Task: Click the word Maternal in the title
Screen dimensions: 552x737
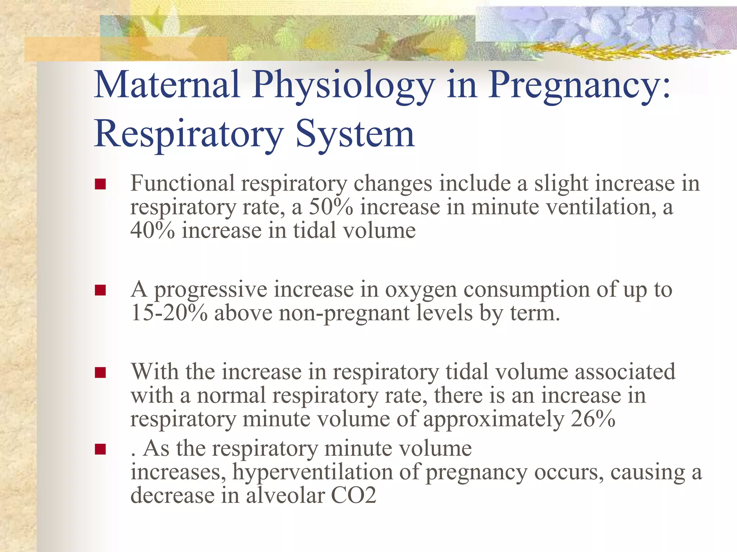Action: pyautogui.click(x=167, y=85)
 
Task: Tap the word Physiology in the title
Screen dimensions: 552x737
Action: pyautogui.click(x=343, y=86)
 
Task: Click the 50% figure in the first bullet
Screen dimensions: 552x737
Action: pyautogui.click(x=331, y=207)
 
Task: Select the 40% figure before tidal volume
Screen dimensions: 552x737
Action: pyautogui.click(x=153, y=230)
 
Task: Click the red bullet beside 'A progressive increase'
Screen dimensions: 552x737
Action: pyautogui.click(x=100, y=290)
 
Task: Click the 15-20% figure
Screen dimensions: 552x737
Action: pyautogui.click(x=169, y=313)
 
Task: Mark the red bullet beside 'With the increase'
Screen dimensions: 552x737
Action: pyautogui.click(x=100, y=372)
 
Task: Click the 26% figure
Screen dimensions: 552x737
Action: pyautogui.click(x=593, y=419)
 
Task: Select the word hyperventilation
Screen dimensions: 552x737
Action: pyautogui.click(x=312, y=472)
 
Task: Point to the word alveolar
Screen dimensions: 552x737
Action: pyautogui.click(x=285, y=495)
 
